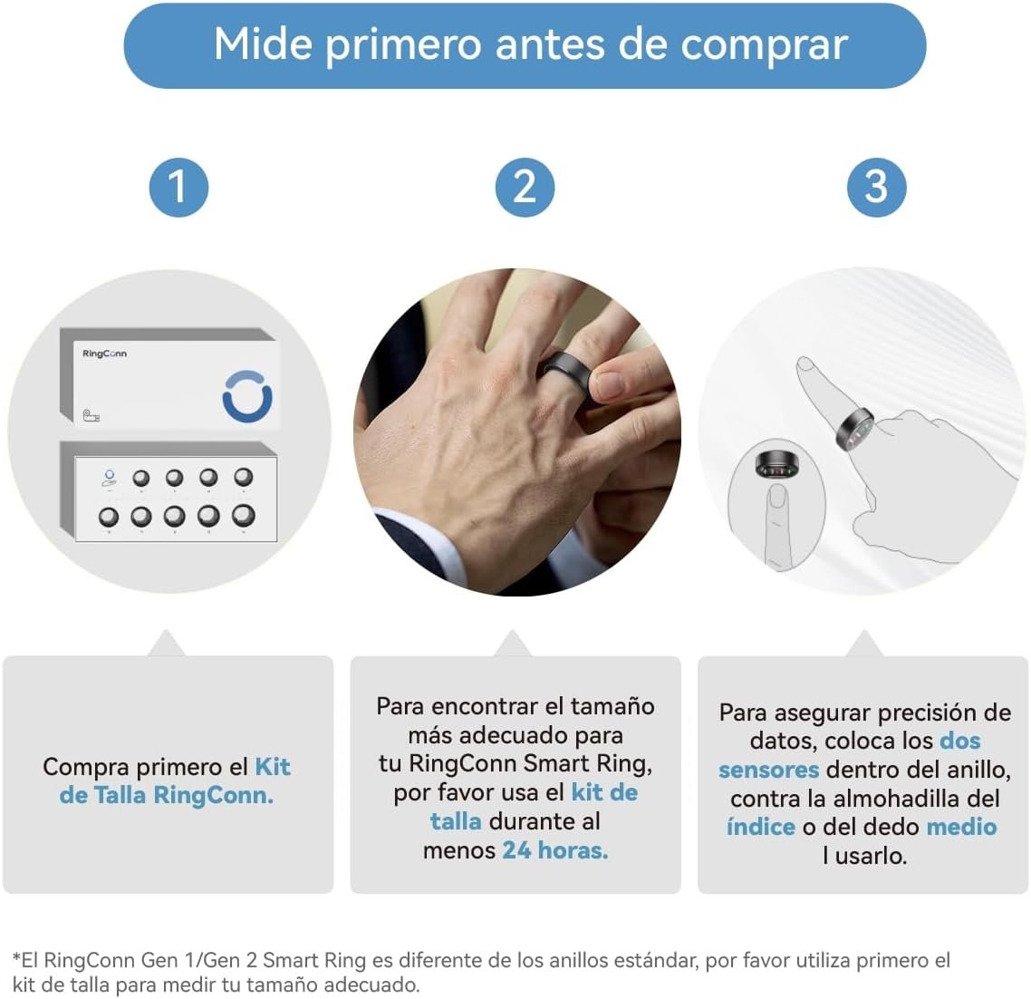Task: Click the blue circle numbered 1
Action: pos(178,188)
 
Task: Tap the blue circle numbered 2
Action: pos(525,188)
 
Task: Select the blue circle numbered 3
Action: pos(876,188)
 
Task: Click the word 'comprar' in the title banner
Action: pos(764,46)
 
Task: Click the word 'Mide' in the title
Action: pos(263,44)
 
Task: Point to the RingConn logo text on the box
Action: pos(104,354)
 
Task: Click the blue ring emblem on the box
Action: pos(247,396)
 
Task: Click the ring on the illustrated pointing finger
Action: pos(854,430)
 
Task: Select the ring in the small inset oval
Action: pos(777,464)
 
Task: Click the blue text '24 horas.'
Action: pos(555,850)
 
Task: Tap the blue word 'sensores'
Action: pos(768,770)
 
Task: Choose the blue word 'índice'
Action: pos(761,827)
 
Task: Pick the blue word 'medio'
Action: pos(961,827)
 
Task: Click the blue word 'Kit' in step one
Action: pos(273,767)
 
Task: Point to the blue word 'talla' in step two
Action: pos(456,821)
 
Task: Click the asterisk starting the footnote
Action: pos(16,956)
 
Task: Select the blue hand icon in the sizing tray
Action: pos(109,479)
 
